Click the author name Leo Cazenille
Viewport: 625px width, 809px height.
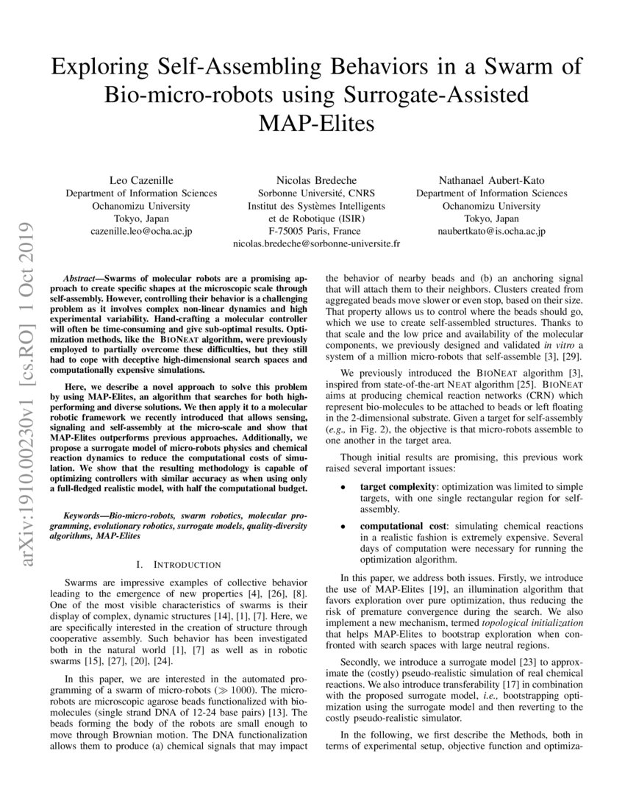tap(141, 179)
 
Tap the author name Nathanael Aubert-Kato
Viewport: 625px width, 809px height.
tap(491, 179)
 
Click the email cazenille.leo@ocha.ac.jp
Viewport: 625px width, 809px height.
tap(141, 231)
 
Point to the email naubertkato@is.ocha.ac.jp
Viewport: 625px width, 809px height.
tap(491, 231)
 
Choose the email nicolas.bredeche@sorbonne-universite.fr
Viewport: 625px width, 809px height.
tap(316, 243)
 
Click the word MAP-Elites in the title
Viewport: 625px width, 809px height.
tap(315, 123)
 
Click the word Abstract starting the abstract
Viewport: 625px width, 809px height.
tap(83, 280)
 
